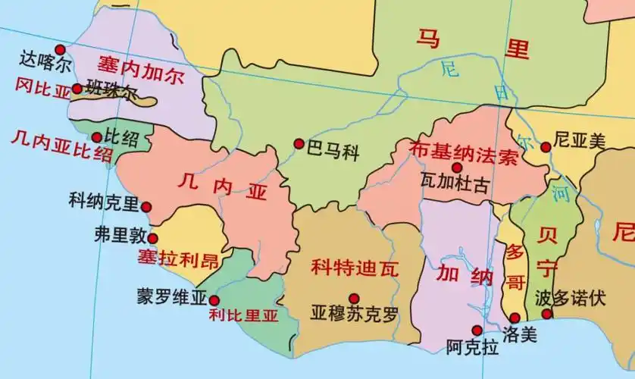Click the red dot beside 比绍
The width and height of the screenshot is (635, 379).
[96, 137]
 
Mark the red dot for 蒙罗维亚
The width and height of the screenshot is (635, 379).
[214, 300]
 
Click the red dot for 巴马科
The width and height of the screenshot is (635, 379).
[299, 143]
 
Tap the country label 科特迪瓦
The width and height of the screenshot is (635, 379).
[355, 267]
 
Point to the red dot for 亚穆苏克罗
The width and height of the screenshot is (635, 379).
[353, 298]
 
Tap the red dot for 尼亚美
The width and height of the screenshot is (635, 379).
[545, 147]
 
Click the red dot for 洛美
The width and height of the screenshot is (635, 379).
[515, 318]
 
